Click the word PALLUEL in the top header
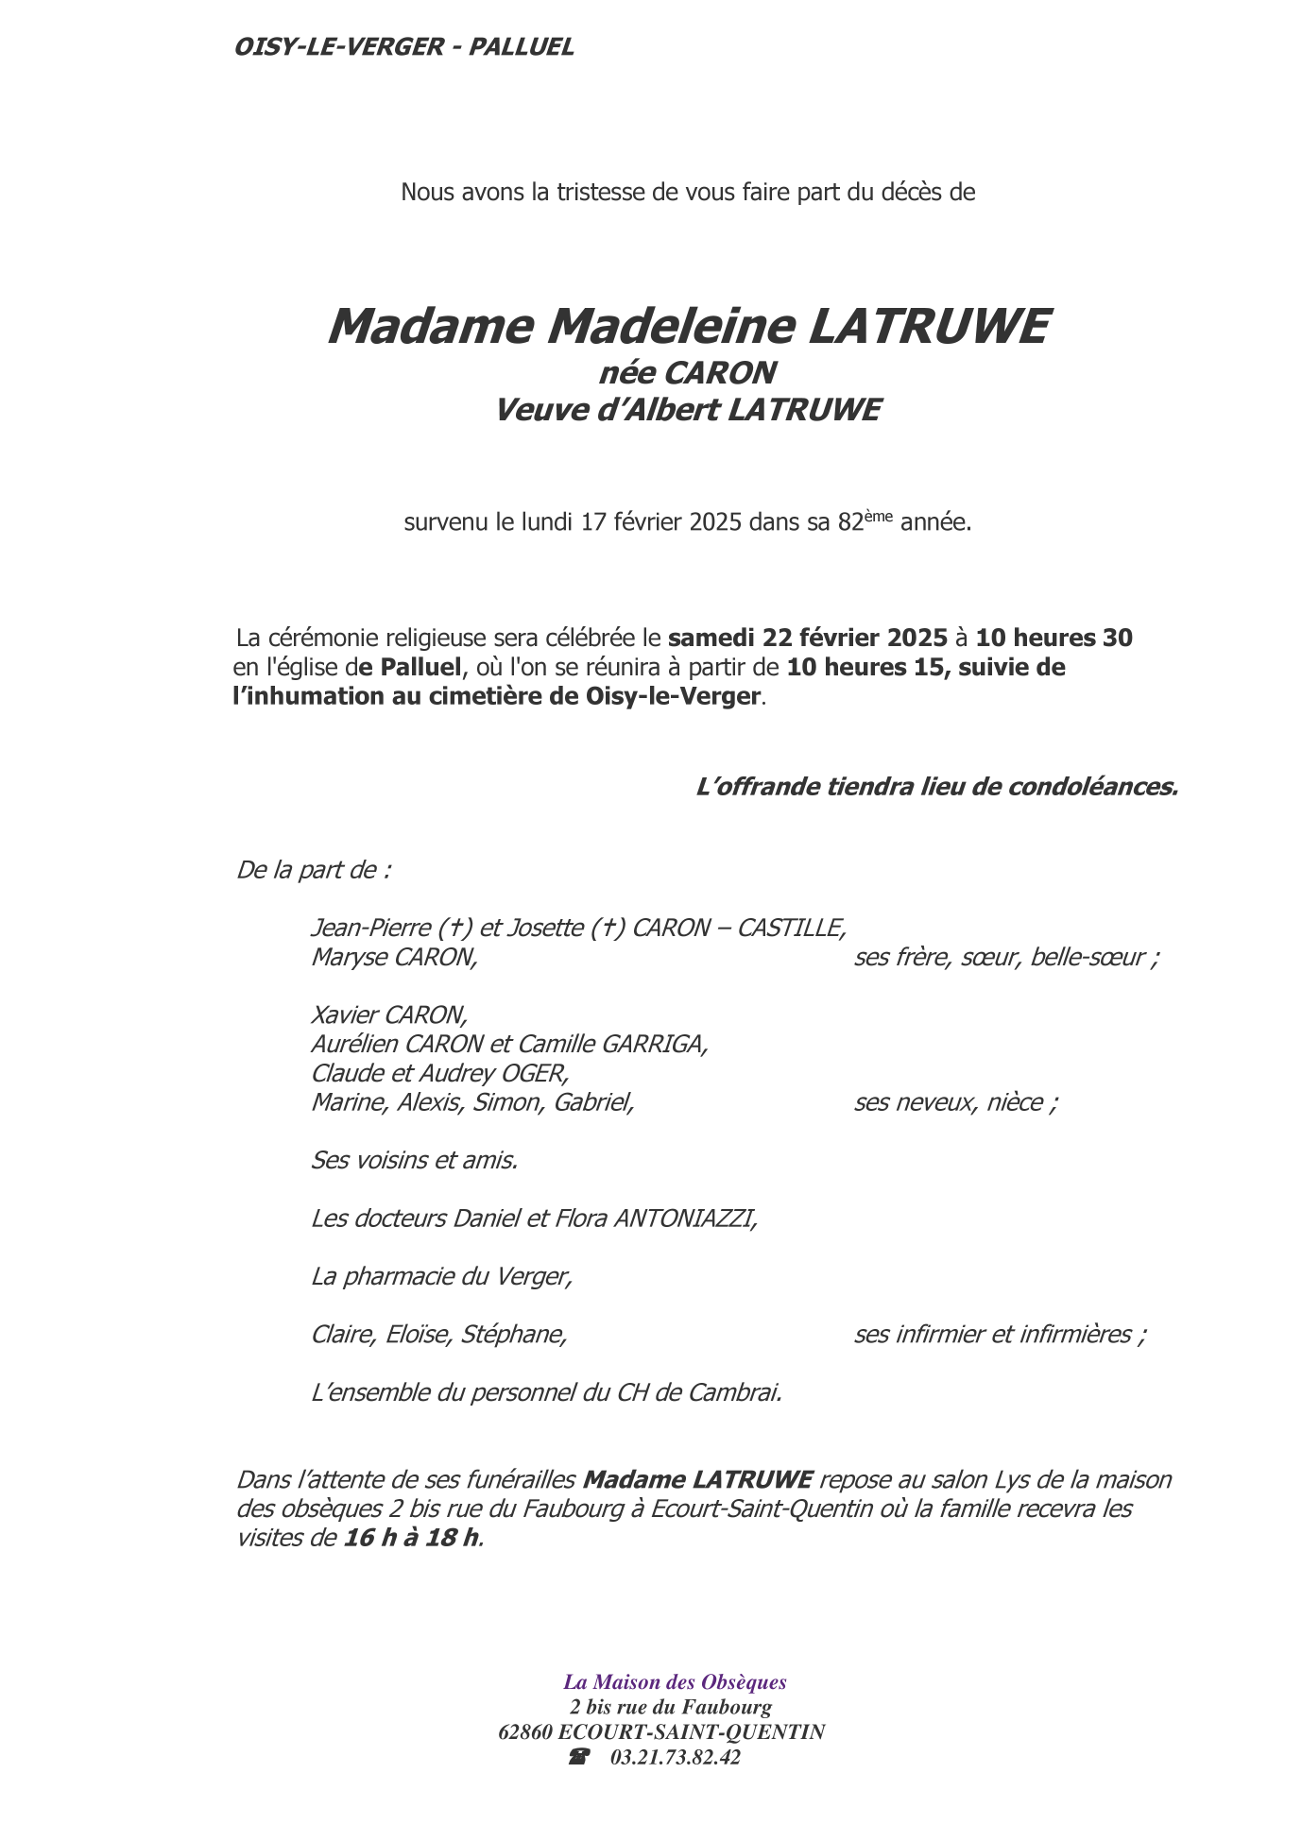click(x=521, y=47)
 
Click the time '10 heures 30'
click(x=1054, y=638)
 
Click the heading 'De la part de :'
click(x=313, y=870)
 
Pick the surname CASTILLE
click(x=791, y=929)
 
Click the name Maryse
click(x=349, y=958)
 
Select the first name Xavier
click(x=345, y=1015)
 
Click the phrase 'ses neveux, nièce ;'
click(x=955, y=1102)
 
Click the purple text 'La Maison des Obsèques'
click(x=675, y=1682)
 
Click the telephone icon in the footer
click(x=578, y=1758)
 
